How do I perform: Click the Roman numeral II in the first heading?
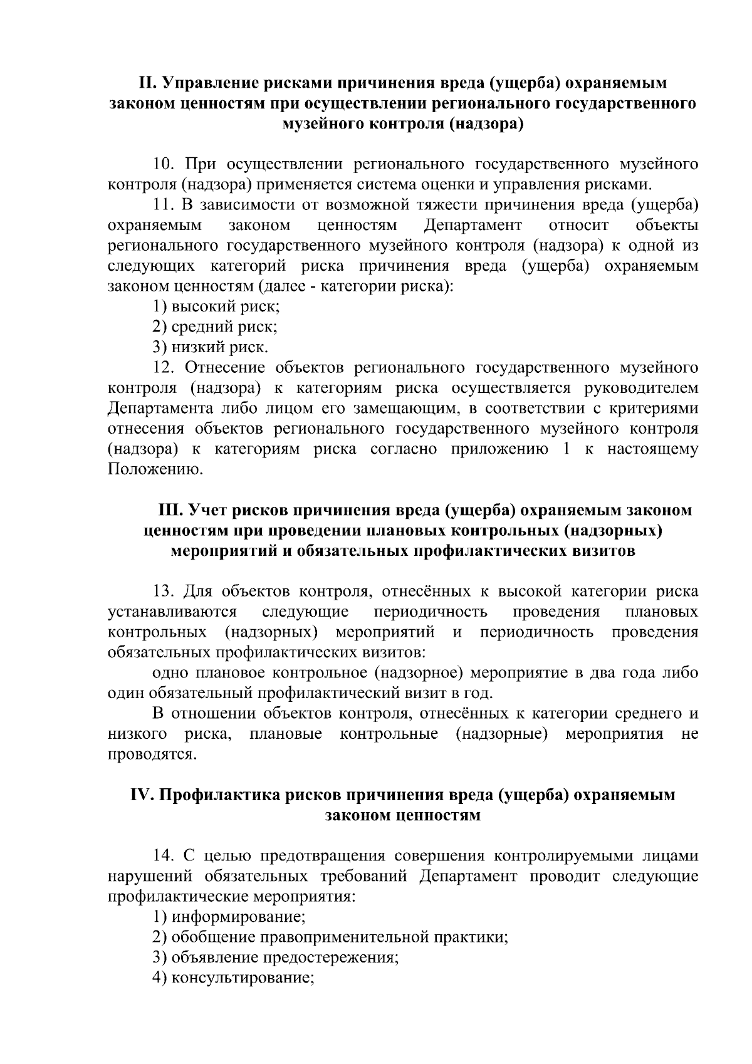(x=146, y=83)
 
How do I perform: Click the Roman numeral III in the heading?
(x=168, y=510)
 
